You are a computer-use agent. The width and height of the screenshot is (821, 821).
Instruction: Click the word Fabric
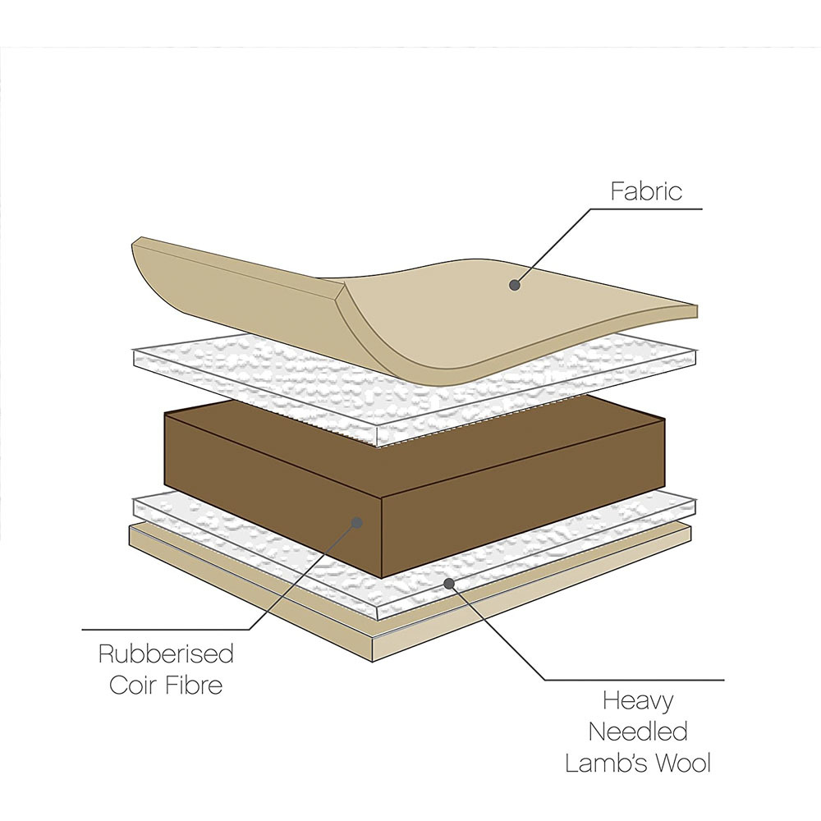point(646,191)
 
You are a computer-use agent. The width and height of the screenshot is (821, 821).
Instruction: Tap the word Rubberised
point(166,654)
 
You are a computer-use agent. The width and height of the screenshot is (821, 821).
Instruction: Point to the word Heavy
point(638,702)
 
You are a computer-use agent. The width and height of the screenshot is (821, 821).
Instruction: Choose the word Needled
point(638,732)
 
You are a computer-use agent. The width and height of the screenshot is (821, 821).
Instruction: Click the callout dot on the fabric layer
point(515,285)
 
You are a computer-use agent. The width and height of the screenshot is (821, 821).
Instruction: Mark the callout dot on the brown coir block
point(357,521)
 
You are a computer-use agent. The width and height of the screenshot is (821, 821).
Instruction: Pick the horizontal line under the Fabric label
point(649,209)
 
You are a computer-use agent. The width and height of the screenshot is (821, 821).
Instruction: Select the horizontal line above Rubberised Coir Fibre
point(164,630)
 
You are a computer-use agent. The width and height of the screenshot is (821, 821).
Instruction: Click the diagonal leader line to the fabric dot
point(554,246)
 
